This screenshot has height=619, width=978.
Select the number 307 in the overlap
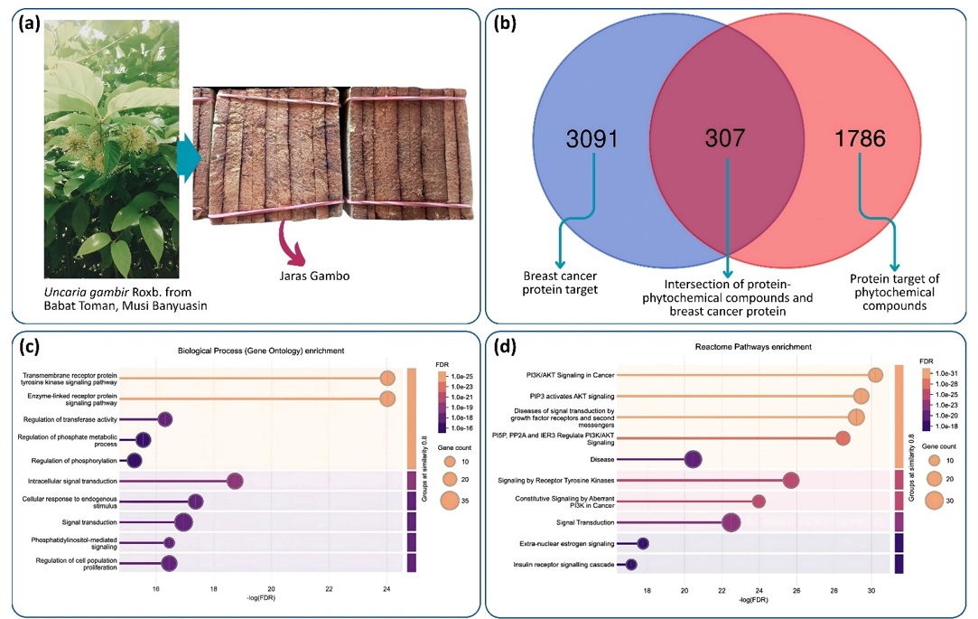[x=727, y=138]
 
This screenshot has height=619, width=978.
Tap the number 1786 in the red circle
[x=862, y=138]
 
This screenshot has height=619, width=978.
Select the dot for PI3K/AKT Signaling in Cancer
[x=875, y=375]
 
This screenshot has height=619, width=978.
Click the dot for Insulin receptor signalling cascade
[x=631, y=565]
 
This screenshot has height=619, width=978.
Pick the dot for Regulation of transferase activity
[x=164, y=418]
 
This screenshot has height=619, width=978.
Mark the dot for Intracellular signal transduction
[x=235, y=481]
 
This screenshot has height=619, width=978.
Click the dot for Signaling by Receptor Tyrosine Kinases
[x=791, y=480]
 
